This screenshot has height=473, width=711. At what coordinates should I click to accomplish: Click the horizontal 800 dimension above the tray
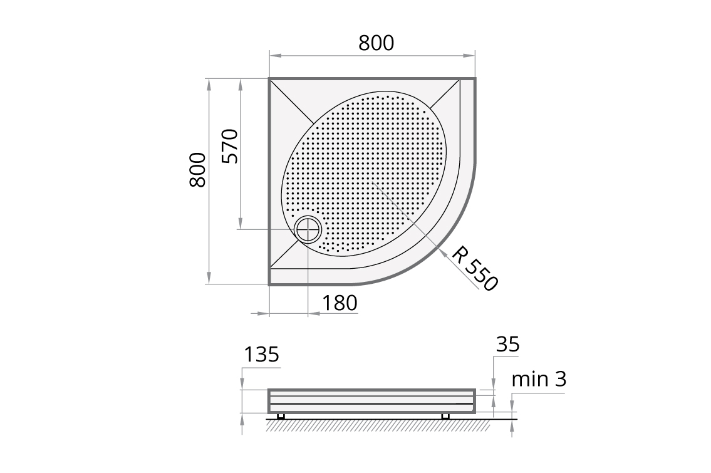pyautogui.click(x=376, y=43)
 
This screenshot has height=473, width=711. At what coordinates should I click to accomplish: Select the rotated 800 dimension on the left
pyautogui.click(x=197, y=170)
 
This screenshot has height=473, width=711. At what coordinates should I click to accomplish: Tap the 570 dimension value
pyautogui.click(x=231, y=146)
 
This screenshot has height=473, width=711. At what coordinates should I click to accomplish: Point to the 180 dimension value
pyautogui.click(x=340, y=303)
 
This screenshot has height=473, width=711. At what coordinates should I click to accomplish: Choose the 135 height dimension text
pyautogui.click(x=261, y=355)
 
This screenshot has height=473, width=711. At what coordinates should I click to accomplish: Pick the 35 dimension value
pyautogui.click(x=507, y=345)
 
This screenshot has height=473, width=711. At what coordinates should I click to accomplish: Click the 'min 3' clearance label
pyautogui.click(x=539, y=379)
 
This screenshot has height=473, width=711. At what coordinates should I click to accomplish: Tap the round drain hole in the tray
pyautogui.click(x=308, y=229)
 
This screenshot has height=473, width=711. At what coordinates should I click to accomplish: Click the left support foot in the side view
pyautogui.click(x=281, y=416)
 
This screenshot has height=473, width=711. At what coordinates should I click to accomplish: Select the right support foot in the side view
pyautogui.click(x=445, y=416)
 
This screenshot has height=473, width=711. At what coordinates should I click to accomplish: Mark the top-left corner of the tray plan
pyautogui.click(x=270, y=79)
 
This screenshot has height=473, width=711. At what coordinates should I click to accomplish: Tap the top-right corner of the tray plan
pyautogui.click(x=475, y=79)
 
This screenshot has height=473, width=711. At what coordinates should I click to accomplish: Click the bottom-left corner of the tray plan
pyautogui.click(x=270, y=284)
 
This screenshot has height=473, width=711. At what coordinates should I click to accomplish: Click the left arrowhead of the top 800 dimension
pyautogui.click(x=273, y=56)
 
